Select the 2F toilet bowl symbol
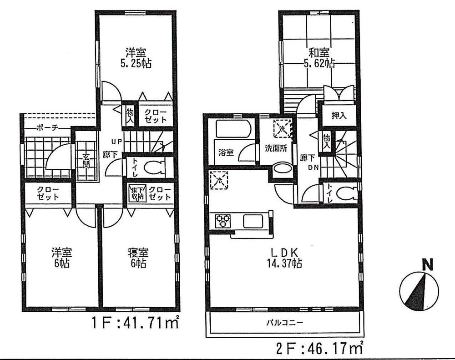point(347,194)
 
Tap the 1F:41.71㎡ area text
point(133,325)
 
